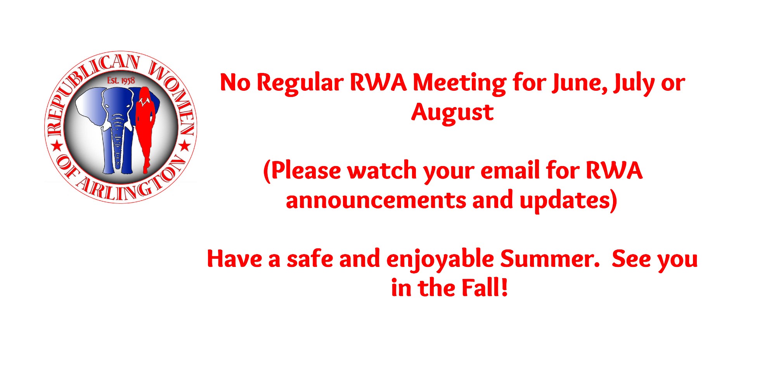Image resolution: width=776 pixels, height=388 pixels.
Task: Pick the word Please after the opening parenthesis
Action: click(306, 171)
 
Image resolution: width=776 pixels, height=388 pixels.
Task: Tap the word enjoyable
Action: click(440, 259)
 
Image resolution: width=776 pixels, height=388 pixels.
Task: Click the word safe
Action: click(310, 259)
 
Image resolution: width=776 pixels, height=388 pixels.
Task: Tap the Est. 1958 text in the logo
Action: click(121, 80)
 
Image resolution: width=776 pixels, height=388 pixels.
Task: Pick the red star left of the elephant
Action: click(57, 146)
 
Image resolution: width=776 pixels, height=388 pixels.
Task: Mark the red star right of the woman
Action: click(185, 146)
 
